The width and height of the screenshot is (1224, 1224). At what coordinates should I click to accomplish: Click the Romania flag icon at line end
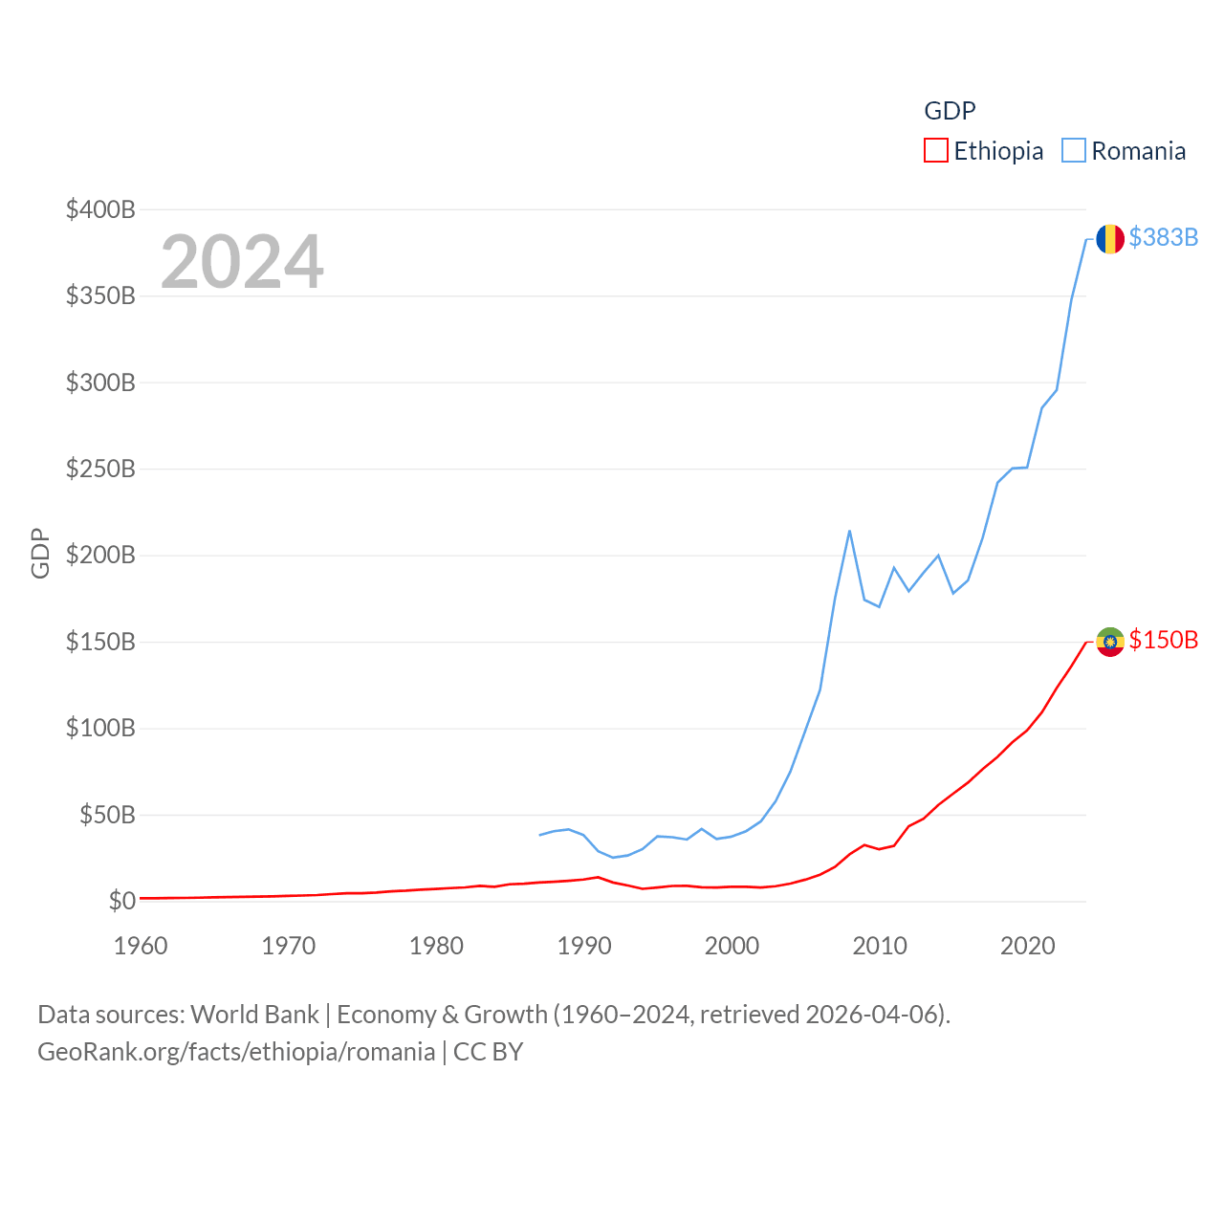1109,238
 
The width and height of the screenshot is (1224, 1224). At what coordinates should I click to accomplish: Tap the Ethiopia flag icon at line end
1109,641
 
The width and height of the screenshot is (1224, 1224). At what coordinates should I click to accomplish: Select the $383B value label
1163,237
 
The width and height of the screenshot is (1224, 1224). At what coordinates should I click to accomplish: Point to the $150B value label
1163,640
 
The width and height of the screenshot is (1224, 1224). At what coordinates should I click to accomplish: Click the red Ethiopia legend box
935,151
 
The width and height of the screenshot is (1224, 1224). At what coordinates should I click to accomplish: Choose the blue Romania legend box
1074,151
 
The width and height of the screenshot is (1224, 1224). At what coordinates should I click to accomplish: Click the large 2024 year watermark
242,262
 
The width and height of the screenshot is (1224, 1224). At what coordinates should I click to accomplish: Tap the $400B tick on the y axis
100,209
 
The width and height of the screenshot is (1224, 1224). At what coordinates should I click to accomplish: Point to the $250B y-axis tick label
100,469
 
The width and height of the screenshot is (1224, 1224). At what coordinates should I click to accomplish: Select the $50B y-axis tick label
107,815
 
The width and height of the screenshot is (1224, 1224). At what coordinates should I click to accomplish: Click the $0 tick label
121,901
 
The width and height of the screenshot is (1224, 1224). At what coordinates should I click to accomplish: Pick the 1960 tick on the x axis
141,946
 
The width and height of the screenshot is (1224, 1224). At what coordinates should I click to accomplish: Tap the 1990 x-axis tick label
584,946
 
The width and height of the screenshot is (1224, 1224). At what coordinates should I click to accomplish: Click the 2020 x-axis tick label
1027,946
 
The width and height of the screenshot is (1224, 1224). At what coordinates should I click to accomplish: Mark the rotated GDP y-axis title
40,553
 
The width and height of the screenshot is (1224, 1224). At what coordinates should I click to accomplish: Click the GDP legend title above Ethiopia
950,111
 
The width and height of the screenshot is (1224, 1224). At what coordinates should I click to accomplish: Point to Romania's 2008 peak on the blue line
849,532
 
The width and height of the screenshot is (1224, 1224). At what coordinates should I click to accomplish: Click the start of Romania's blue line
540,835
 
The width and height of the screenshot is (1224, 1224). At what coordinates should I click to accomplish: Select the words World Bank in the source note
254,1014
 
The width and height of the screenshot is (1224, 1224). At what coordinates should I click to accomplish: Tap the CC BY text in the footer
488,1052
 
